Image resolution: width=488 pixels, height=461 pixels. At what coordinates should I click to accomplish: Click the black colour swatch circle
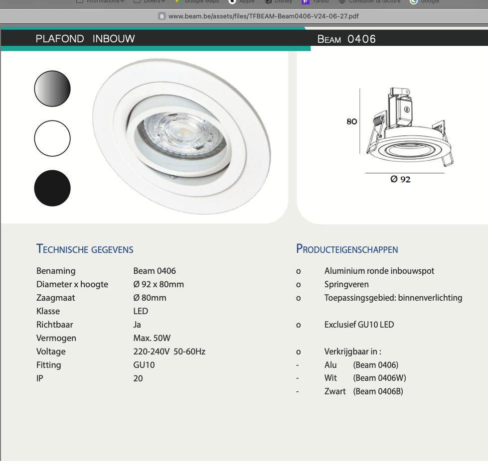tap(52, 188)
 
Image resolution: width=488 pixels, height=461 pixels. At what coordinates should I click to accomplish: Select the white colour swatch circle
tap(52, 138)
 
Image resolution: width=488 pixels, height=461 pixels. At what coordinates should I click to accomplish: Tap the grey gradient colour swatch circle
tap(52, 89)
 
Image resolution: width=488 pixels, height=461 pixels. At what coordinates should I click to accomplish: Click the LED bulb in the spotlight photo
tap(181, 131)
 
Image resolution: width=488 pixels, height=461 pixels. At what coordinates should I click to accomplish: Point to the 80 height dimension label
tap(351, 121)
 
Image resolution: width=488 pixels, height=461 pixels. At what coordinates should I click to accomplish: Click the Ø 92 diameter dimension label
tap(400, 179)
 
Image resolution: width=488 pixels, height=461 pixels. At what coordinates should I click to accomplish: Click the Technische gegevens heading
tap(85, 249)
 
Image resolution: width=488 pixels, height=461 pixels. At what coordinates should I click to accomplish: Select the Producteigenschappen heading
tap(347, 249)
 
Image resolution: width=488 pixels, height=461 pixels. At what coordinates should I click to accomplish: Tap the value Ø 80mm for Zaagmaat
tap(150, 298)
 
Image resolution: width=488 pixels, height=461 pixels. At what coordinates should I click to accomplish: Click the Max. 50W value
tap(152, 338)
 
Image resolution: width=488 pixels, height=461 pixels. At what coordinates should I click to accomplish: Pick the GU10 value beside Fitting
tap(144, 365)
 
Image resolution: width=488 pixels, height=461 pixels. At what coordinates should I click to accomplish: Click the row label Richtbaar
tap(55, 325)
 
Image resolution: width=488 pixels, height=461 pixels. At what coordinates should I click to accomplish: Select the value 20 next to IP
tap(138, 378)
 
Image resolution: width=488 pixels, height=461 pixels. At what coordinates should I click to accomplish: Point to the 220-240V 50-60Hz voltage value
tap(169, 351)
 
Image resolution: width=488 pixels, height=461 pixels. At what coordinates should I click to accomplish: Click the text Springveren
tap(346, 284)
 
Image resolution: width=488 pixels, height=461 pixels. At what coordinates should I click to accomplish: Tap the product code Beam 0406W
tap(379, 378)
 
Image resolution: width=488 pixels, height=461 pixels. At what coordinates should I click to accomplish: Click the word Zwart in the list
tap(335, 391)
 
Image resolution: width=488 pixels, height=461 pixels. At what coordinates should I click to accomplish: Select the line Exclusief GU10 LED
tap(359, 325)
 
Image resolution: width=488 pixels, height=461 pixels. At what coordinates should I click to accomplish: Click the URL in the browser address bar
tap(263, 16)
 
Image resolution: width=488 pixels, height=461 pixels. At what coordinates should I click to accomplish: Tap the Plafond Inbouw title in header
tap(85, 39)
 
